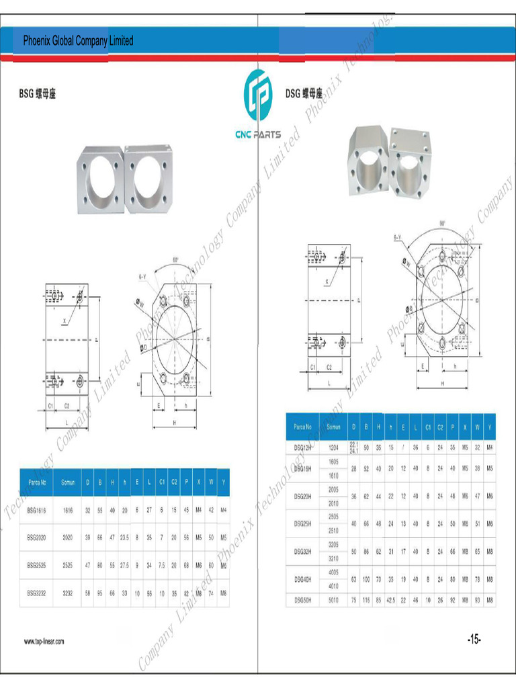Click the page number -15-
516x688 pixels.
(474, 640)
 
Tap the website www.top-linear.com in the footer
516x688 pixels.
(44, 642)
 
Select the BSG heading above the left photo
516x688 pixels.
(38, 94)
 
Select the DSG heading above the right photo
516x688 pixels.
(304, 94)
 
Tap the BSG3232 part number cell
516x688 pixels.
(37, 593)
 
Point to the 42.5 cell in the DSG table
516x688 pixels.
(391, 599)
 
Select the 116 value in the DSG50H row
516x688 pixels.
(366, 599)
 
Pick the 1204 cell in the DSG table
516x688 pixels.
(333, 447)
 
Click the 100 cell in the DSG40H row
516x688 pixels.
(366, 578)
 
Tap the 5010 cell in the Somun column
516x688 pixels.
(333, 599)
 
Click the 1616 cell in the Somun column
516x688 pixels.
(67, 511)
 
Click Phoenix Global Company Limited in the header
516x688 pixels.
(78, 41)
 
